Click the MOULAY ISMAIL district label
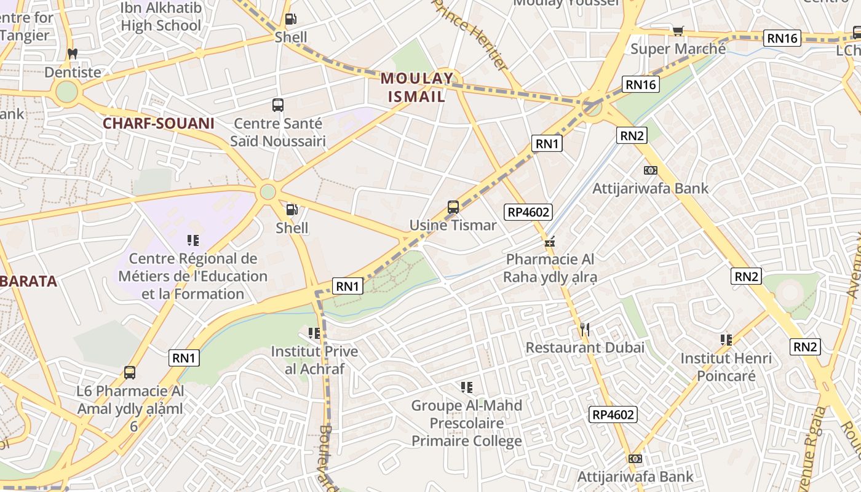pyautogui.click(x=417, y=87)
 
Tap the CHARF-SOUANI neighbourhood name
pyautogui.click(x=159, y=124)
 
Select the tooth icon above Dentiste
pyautogui.click(x=72, y=54)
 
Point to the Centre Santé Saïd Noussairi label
pyautogui.click(x=277, y=132)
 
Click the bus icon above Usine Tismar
pyautogui.click(x=453, y=207)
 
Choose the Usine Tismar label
pyautogui.click(x=453, y=225)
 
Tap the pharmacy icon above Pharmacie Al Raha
pyautogui.click(x=550, y=242)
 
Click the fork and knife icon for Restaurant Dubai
pyautogui.click(x=585, y=330)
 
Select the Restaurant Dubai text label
pyautogui.click(x=585, y=347)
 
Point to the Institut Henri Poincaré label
pyautogui.click(x=726, y=367)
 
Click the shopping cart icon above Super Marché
pyautogui.click(x=678, y=31)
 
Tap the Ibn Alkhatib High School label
pyautogui.click(x=161, y=17)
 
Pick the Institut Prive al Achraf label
pyautogui.click(x=314, y=360)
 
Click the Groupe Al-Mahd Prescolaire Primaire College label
pyautogui.click(x=467, y=423)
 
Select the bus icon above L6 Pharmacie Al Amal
pyautogui.click(x=129, y=373)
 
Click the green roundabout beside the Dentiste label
pyautogui.click(x=66, y=92)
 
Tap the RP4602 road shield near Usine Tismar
pyautogui.click(x=528, y=213)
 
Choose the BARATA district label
pyautogui.click(x=29, y=282)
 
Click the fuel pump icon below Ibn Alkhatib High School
pyautogui.click(x=291, y=20)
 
